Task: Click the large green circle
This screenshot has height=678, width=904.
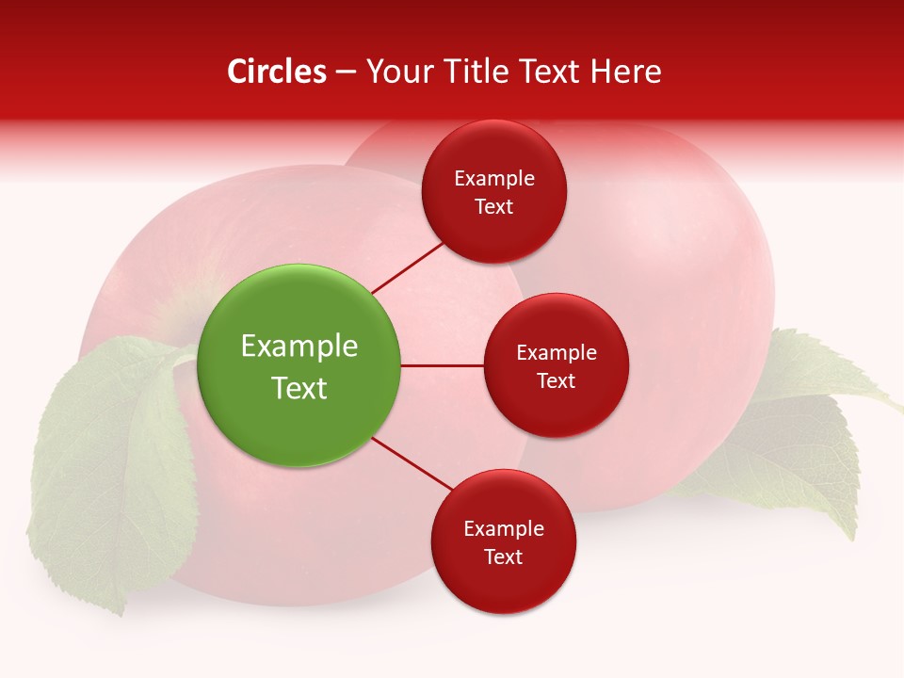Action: tap(299, 365)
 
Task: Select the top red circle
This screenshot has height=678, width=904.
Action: tap(494, 191)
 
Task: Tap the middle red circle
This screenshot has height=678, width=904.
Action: tap(557, 365)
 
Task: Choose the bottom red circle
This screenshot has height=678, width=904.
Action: tap(503, 541)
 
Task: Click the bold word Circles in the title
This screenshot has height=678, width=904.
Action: tap(277, 72)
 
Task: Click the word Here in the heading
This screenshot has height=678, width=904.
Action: tap(626, 72)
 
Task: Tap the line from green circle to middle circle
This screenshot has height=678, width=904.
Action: tap(443, 365)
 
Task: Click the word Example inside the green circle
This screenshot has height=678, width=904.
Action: tap(299, 347)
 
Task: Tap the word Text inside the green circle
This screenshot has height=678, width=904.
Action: tap(299, 388)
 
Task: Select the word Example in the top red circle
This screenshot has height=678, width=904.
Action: tap(494, 178)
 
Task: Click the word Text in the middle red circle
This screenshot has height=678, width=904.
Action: tap(557, 380)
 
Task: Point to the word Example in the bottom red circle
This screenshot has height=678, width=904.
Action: tap(504, 528)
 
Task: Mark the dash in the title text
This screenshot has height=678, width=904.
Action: tap(345, 72)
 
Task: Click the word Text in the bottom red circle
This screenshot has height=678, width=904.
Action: tap(504, 557)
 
